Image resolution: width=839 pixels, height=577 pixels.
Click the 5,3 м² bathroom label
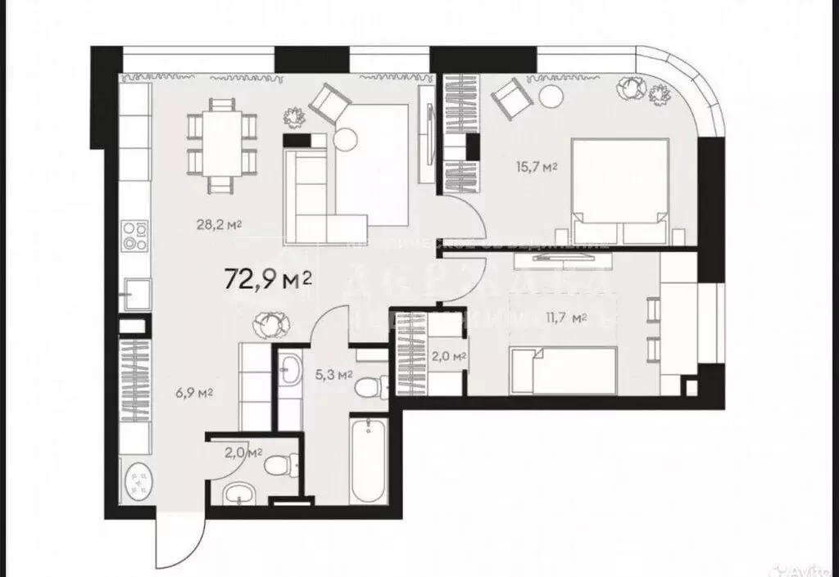tap(333, 376)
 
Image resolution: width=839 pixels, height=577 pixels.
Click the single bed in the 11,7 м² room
tap(563, 367)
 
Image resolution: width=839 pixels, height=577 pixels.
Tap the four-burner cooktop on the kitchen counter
tap(134, 237)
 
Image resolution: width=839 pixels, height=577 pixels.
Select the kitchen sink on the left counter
tap(135, 289)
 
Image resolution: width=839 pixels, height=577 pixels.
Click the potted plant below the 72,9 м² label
tap(270, 324)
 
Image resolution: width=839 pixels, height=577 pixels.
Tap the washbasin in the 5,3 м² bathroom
tap(288, 371)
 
